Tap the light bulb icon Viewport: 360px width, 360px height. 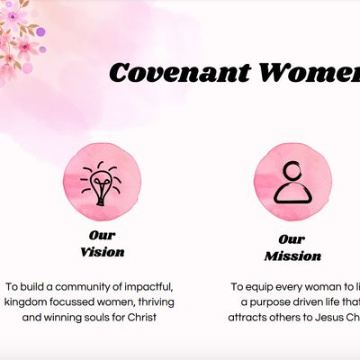pos(102,182)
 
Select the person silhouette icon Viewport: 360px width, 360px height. pos(291,180)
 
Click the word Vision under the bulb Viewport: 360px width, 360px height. pos(102,252)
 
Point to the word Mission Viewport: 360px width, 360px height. pos(292,256)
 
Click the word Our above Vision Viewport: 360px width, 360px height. pos(102,236)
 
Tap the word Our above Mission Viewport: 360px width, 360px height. pos(292,239)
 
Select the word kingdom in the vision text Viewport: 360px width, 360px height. pos(27,301)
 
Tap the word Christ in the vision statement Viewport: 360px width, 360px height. pos(157,318)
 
